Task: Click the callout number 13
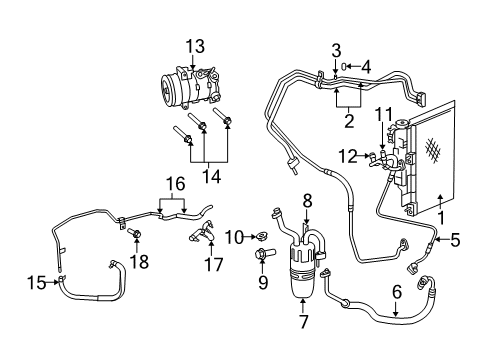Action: (x=192, y=45)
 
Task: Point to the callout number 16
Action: (x=176, y=184)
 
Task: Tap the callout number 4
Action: (x=365, y=67)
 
